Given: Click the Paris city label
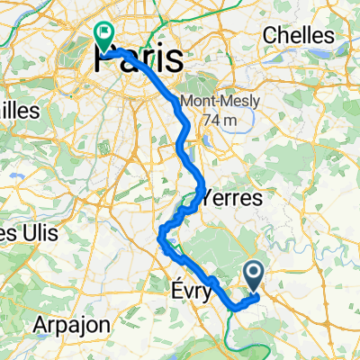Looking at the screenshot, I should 137,59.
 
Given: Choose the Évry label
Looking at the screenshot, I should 191,292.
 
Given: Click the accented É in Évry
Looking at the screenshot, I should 174,292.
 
